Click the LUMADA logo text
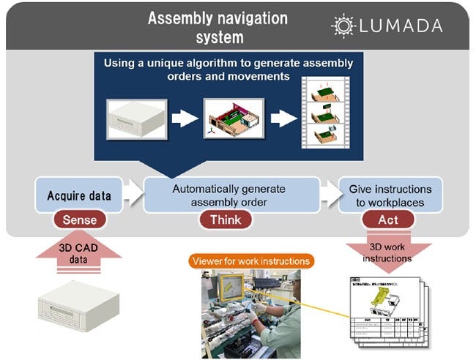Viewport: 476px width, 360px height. [401, 26]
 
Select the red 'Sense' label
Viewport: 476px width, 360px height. [79, 219]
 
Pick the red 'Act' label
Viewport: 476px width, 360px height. [387, 219]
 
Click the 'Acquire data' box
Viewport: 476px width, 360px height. [79, 195]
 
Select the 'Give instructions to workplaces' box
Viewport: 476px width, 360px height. [390, 195]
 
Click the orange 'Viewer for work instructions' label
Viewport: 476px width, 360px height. [250, 260]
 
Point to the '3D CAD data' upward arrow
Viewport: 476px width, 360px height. [79, 257]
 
